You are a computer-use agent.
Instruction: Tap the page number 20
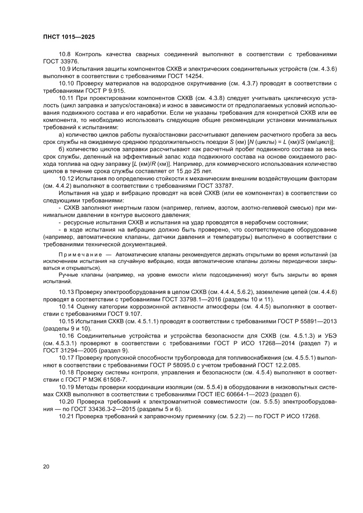(47, 466)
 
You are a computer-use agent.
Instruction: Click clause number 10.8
(65, 54)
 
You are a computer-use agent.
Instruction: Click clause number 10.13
(67, 292)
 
